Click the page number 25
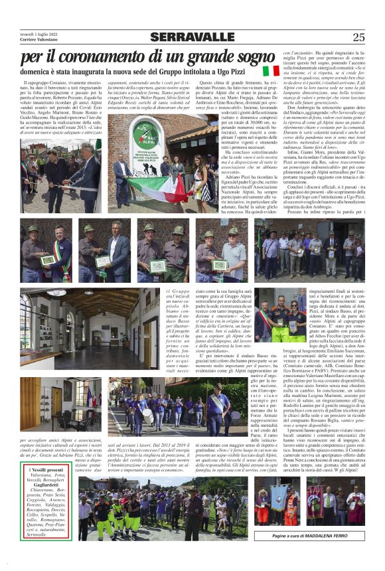pos(359,37)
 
